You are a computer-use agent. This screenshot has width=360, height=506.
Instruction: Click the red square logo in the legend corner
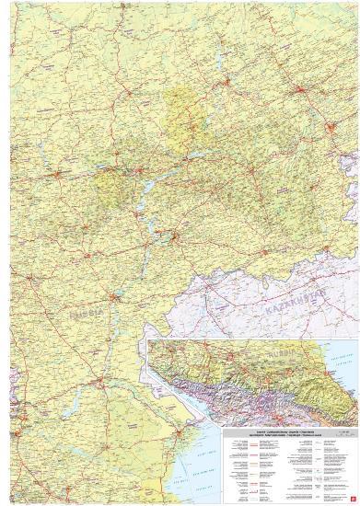click(x=353, y=498)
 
